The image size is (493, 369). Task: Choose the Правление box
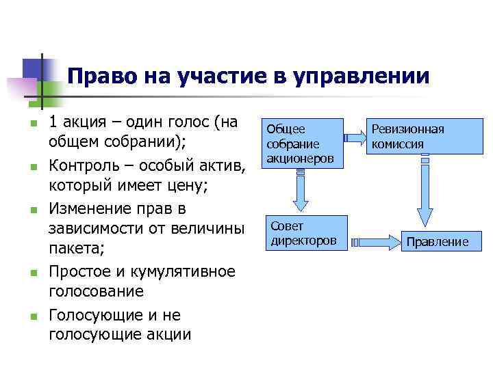(437, 241)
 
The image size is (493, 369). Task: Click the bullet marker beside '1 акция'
(31, 124)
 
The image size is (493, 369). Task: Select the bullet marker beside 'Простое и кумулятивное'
(31, 273)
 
